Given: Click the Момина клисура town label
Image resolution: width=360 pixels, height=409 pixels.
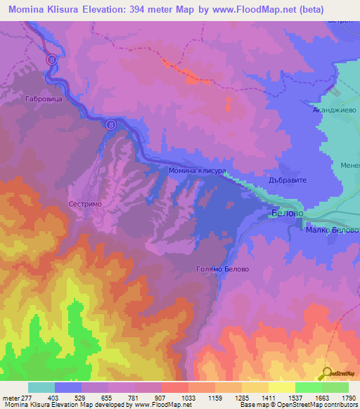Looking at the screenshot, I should [196, 171].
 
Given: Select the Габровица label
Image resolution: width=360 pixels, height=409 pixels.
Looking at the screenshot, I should [46, 100].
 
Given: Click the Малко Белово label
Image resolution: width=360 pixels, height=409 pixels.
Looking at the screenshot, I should [331, 230].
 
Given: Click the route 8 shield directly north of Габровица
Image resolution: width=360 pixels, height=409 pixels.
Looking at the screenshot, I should [51, 60].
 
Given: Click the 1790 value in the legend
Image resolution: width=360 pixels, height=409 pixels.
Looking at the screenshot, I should [340, 398].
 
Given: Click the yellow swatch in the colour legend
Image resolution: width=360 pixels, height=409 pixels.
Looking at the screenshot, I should [281, 387].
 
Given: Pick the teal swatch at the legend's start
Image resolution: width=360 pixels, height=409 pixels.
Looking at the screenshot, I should [41, 387].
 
